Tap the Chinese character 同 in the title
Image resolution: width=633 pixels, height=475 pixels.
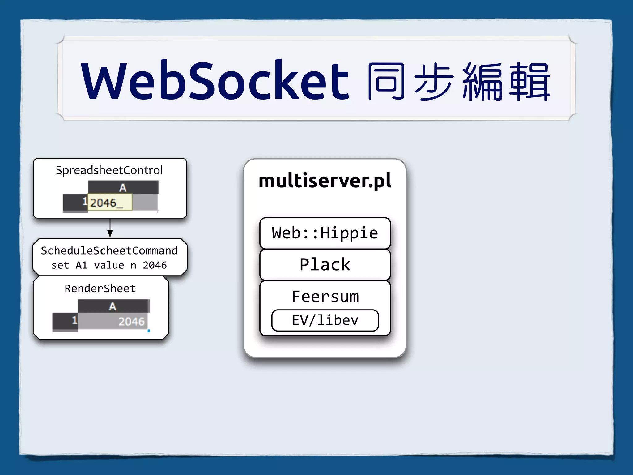(386, 82)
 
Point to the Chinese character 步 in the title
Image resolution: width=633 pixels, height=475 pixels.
(434, 82)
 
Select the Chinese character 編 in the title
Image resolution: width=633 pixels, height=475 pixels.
(482, 82)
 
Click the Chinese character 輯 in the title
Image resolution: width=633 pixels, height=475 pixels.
(529, 82)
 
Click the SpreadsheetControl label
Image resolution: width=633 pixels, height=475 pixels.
(109, 170)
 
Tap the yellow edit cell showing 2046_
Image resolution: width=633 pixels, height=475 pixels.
(110, 203)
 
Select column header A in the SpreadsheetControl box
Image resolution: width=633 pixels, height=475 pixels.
(123, 188)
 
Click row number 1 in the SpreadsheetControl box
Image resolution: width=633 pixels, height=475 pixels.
(84, 202)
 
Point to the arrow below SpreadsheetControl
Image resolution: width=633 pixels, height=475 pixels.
(110, 229)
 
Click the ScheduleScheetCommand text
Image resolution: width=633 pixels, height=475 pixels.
(109, 250)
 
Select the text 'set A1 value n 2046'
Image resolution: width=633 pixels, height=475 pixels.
(109, 265)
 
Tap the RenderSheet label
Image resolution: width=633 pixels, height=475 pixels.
(100, 289)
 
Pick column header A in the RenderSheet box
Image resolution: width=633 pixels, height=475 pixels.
(113, 306)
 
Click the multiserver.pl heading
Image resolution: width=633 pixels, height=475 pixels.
(325, 181)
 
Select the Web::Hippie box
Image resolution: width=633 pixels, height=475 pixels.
(325, 233)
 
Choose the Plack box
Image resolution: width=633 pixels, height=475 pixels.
(325, 265)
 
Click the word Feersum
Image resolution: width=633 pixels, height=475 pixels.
(325, 297)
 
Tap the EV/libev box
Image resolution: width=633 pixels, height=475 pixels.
(325, 320)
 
